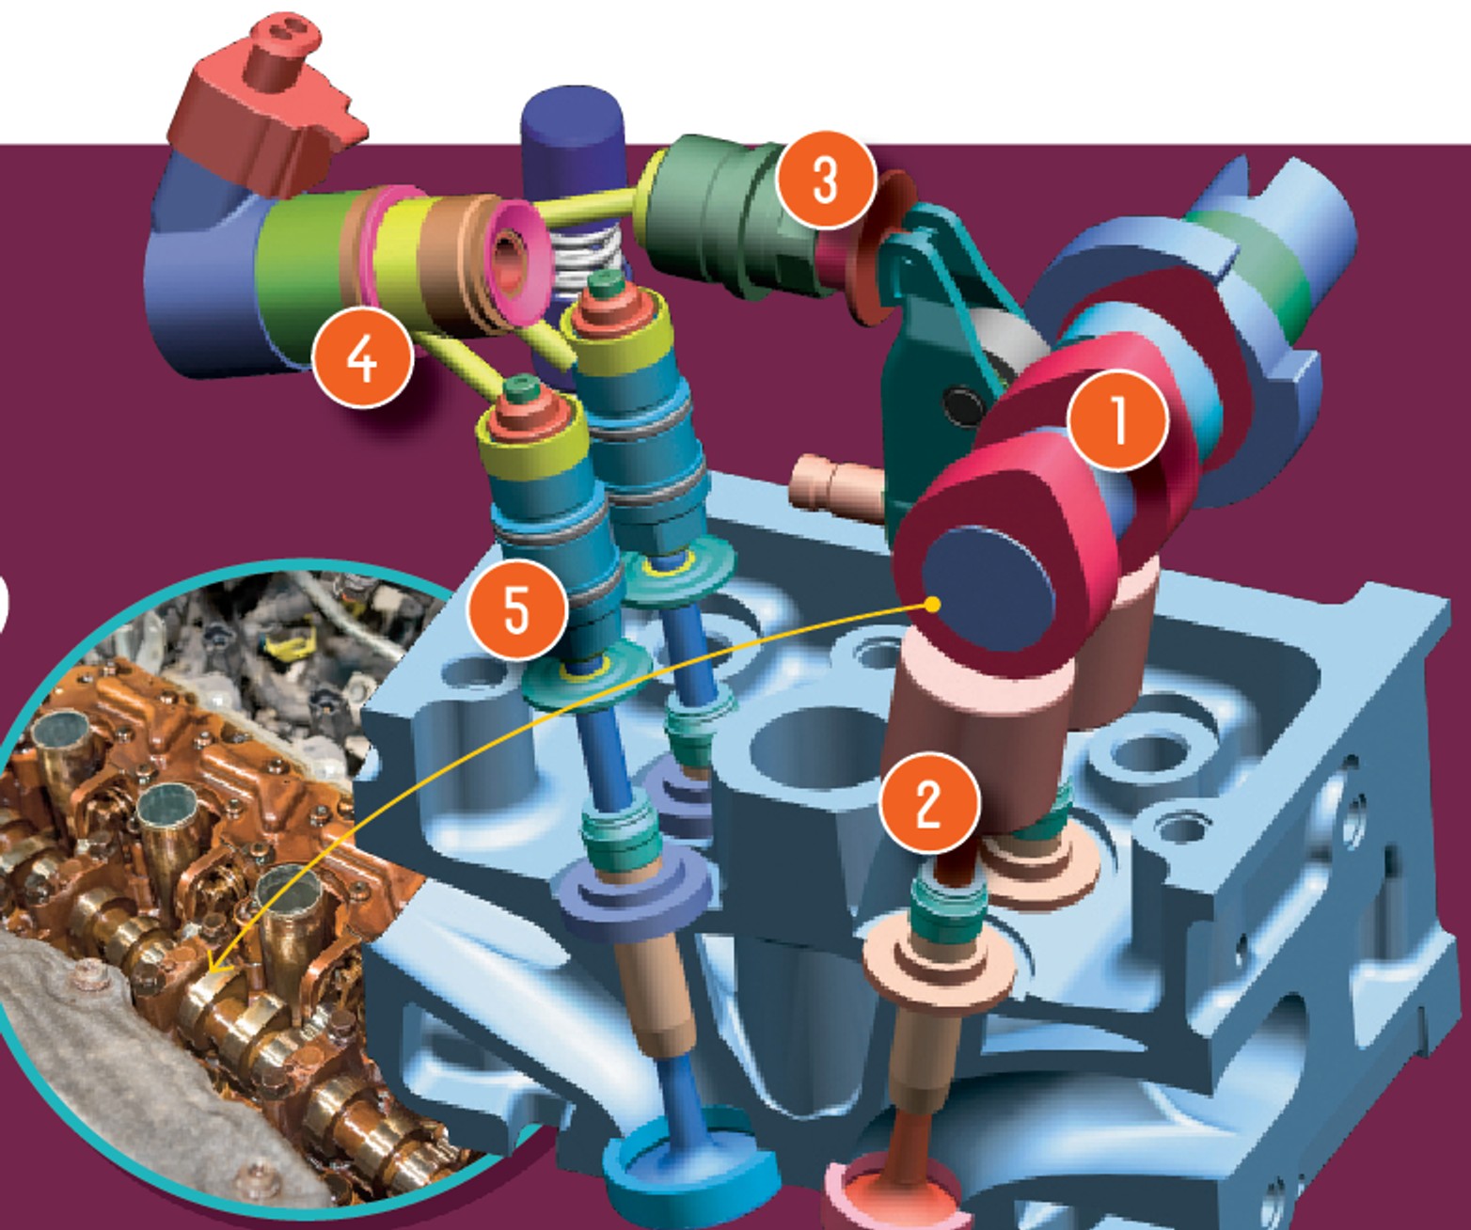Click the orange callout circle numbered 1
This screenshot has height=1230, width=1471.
1118,421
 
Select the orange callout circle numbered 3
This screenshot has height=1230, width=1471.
826,180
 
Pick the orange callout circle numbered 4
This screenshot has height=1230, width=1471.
363,358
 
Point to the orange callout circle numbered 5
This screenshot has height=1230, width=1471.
518,609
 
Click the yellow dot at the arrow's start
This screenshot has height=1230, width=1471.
933,605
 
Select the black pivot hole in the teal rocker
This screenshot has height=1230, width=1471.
962,406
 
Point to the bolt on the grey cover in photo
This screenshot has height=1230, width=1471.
89,977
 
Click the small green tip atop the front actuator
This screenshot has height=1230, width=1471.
521,386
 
